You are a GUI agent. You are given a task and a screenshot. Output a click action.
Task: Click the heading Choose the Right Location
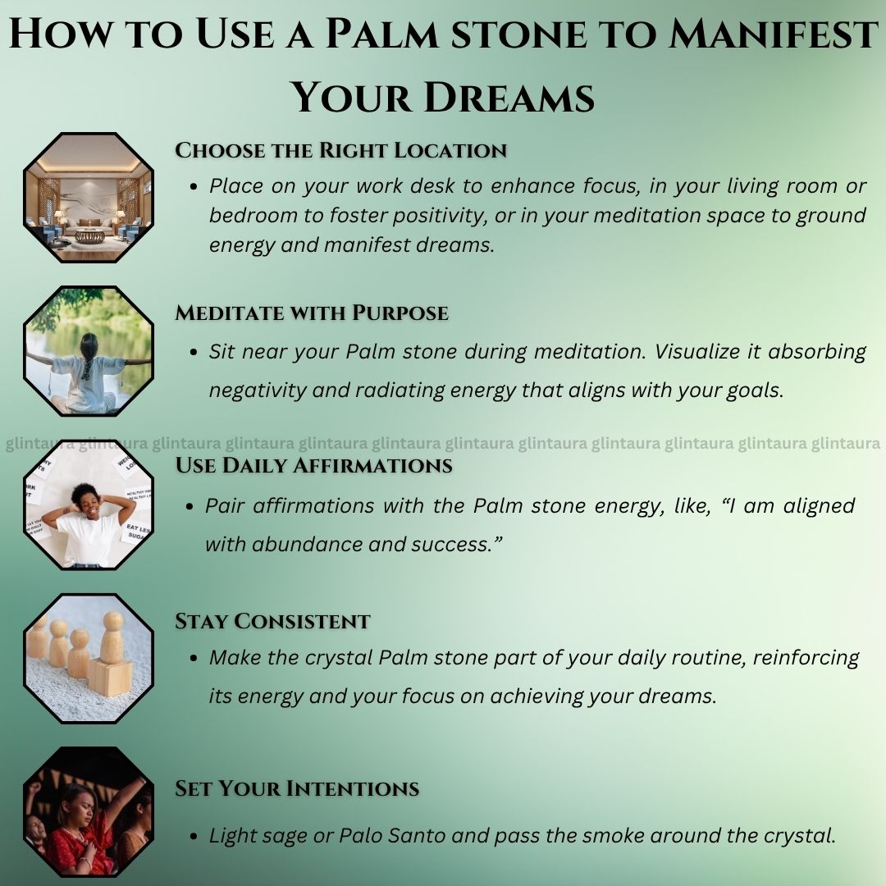coord(340,150)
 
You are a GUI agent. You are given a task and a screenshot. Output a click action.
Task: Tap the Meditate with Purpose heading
coord(312,313)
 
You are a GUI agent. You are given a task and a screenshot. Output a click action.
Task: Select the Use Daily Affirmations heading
coord(313,465)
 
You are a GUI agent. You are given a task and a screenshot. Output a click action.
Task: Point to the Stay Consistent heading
coord(272,621)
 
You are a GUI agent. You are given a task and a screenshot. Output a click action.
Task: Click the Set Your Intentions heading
coord(297,788)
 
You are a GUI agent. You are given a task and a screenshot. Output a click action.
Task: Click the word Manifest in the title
coord(773,34)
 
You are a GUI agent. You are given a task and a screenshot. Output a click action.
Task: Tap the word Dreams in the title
coord(509,97)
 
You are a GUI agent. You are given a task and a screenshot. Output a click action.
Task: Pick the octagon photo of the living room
coord(89,198)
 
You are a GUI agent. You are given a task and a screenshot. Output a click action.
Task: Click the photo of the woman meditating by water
coord(89,351)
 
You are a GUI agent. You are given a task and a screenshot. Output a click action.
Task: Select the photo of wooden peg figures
coord(89,658)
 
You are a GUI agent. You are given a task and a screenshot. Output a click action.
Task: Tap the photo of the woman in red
coord(89,812)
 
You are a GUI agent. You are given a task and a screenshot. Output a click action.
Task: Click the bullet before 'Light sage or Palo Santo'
coord(194,836)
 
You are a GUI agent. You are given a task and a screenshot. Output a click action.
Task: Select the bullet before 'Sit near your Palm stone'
coord(194,353)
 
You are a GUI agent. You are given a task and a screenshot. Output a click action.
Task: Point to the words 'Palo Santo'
coord(392,836)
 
